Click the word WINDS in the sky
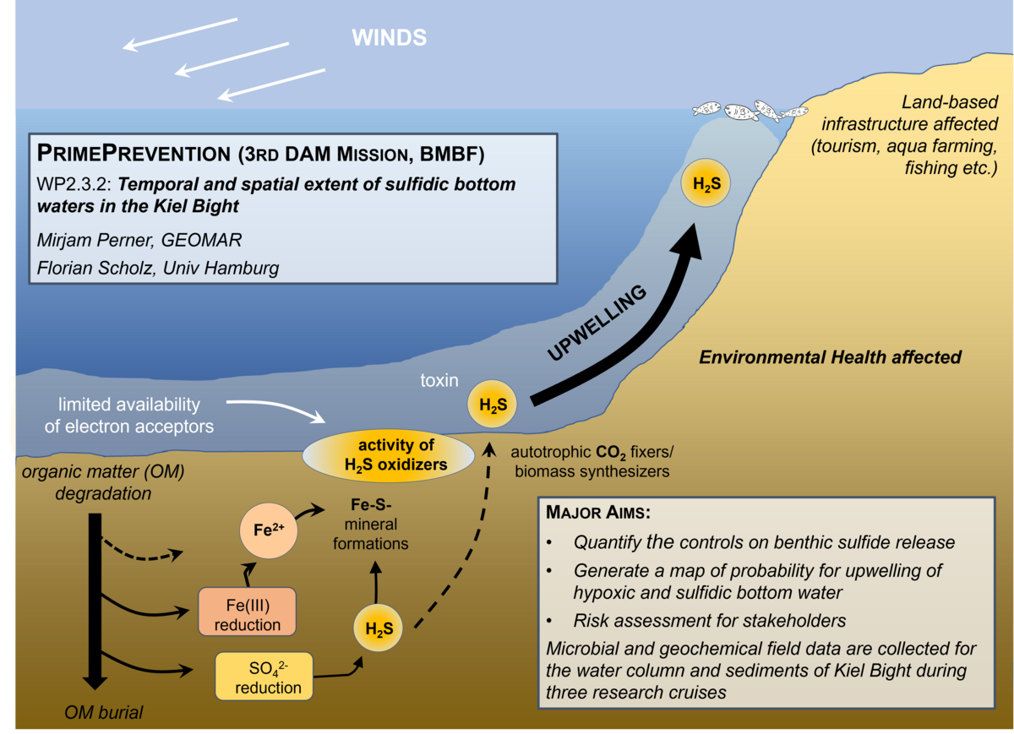pos(390,37)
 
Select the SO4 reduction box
pos(264,677)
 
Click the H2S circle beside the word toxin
pos(493,405)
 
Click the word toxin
pos(439,381)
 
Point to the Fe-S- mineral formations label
pos(370,525)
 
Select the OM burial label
pos(104,712)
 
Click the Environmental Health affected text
pos(831,357)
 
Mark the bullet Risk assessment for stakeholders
pos(710,621)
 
